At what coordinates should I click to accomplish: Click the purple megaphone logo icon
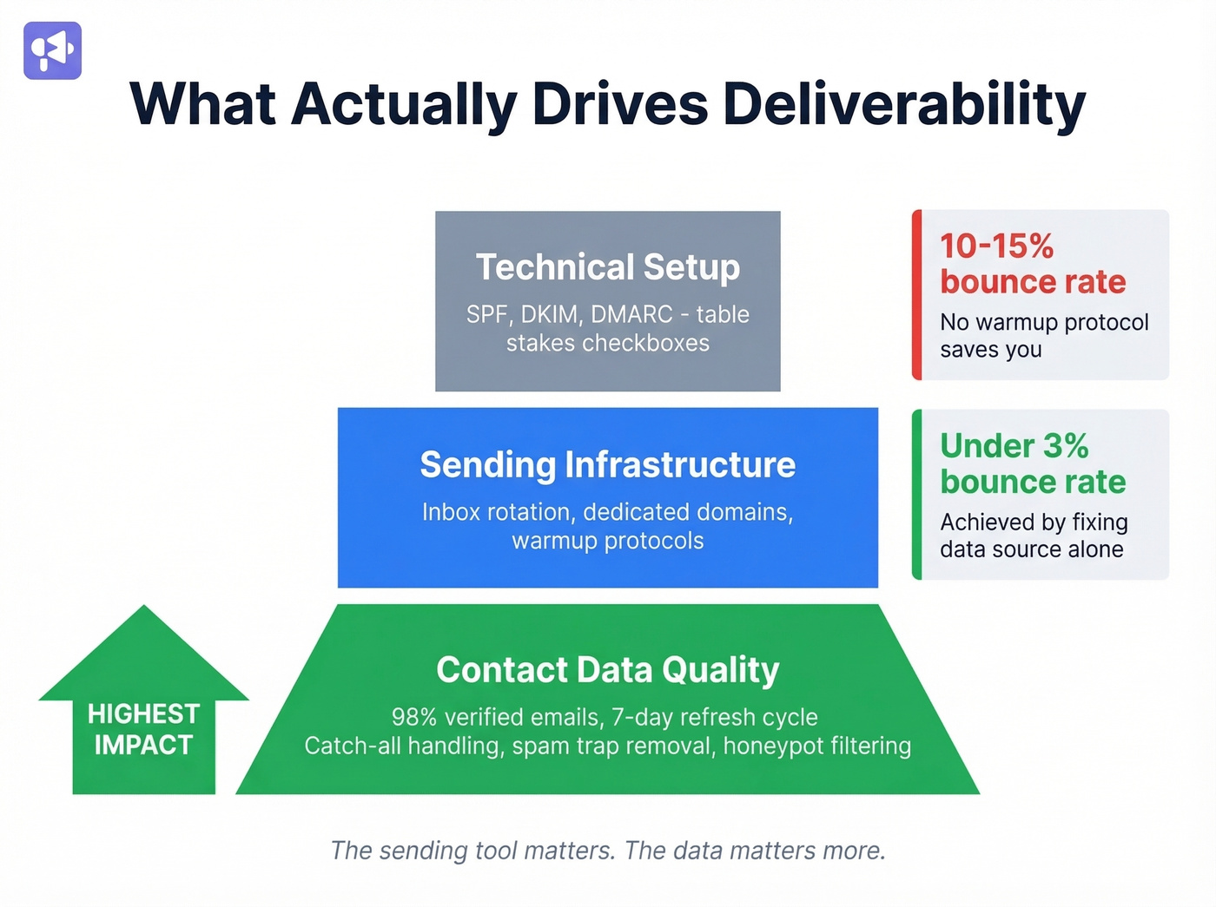coord(52,50)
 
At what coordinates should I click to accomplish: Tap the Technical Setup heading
coord(607,267)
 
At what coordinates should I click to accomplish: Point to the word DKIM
coord(552,314)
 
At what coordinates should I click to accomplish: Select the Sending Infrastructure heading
coord(607,465)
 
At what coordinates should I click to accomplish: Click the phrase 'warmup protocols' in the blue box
coord(607,541)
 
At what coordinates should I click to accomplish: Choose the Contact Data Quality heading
coord(607,670)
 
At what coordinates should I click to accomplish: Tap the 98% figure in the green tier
coord(414,717)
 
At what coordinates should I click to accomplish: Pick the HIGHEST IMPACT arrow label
coord(143,729)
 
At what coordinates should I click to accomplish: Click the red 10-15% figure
coord(996,246)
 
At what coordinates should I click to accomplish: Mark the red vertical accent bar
coord(916,295)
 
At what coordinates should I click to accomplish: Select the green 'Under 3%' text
coord(1014,446)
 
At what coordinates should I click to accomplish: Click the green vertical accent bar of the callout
coord(916,495)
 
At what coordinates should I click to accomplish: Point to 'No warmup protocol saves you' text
coord(1043,336)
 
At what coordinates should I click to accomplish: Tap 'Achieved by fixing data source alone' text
coord(1033,536)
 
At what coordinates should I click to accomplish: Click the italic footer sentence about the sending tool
coord(607,851)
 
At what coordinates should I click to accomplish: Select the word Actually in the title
coord(404,104)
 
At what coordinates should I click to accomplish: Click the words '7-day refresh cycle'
coord(714,717)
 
